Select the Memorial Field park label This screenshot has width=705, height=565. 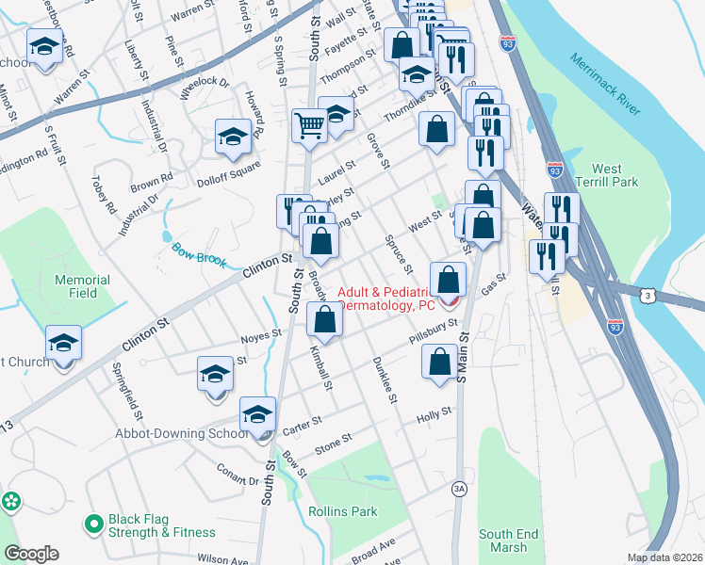pyautogui.click(x=83, y=286)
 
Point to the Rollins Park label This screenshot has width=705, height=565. pyautogui.click(x=343, y=511)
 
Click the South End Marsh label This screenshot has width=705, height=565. pyautogui.click(x=508, y=541)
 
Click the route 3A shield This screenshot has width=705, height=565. pyautogui.click(x=459, y=488)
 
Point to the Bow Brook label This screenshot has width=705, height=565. pyautogui.click(x=199, y=254)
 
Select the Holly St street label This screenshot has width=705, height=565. pyautogui.click(x=434, y=412)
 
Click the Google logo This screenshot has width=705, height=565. pyautogui.click(x=31, y=554)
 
